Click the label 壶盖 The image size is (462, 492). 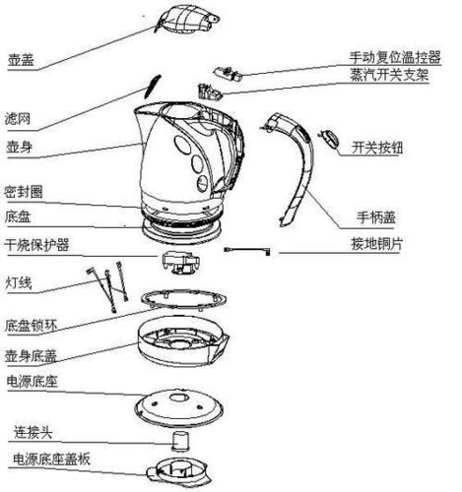pos(20,59)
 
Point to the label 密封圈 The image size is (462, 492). pos(26,190)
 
